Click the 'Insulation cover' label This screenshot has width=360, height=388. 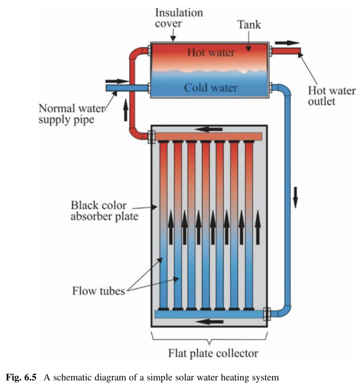click(179, 18)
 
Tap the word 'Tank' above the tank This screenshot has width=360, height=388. click(250, 25)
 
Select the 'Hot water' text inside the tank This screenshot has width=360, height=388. click(211, 52)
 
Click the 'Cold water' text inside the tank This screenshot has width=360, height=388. click(211, 88)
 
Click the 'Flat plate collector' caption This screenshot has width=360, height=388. click(213, 353)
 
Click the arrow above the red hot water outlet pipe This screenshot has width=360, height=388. click(287, 43)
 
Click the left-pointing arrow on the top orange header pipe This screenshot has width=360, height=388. click(211, 130)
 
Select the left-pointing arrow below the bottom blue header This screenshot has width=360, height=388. click(211, 322)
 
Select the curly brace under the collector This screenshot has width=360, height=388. click(209, 337)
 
